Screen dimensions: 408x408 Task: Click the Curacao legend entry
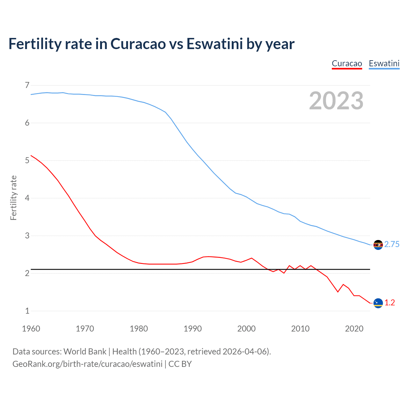[x=347, y=63]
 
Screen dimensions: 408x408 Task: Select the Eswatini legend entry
[x=384, y=63]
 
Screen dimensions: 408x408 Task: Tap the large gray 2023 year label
[x=336, y=101]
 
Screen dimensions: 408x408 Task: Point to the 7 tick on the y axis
[x=27, y=85]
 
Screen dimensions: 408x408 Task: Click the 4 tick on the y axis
[x=27, y=198]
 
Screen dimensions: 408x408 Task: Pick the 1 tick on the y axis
[x=27, y=311]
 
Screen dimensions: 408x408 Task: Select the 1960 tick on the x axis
[x=31, y=329]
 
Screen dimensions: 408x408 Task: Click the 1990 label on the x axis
[x=193, y=329]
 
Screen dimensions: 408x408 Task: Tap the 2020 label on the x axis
[x=354, y=329]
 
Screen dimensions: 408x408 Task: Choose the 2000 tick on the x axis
[x=246, y=329]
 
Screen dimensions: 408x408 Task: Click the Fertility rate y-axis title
[x=13, y=198]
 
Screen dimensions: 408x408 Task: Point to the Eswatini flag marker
[x=378, y=245]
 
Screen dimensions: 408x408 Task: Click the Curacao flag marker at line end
[x=378, y=303]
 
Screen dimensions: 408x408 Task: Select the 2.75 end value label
[x=392, y=244]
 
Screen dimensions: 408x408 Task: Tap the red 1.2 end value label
[x=390, y=303]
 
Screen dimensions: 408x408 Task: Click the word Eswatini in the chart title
[x=215, y=44]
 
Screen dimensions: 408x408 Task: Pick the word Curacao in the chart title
[x=138, y=44]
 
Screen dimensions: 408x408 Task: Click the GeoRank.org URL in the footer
[x=87, y=364]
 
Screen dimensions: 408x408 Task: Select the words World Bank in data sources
[x=85, y=352]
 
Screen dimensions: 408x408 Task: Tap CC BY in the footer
[x=180, y=364]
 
